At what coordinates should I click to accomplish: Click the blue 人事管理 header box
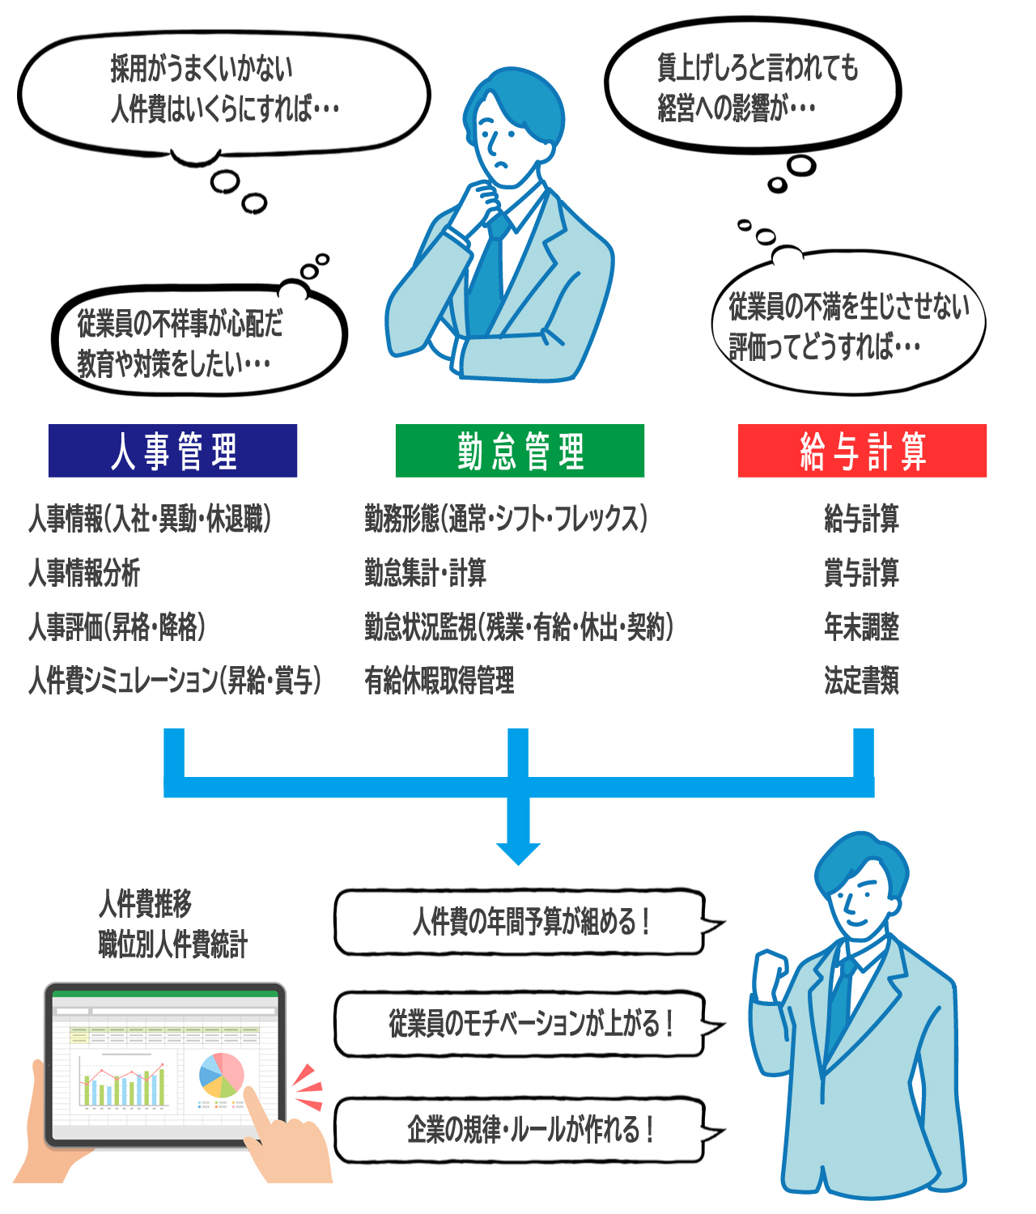172,451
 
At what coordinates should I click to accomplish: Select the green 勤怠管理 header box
520,451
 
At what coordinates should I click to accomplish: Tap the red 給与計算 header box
862,451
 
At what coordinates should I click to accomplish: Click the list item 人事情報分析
84,573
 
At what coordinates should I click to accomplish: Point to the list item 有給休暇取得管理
439,681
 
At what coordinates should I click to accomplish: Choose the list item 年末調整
861,627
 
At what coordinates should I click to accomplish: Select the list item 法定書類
861,681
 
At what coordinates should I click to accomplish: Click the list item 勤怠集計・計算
425,573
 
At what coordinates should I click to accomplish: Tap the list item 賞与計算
861,573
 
